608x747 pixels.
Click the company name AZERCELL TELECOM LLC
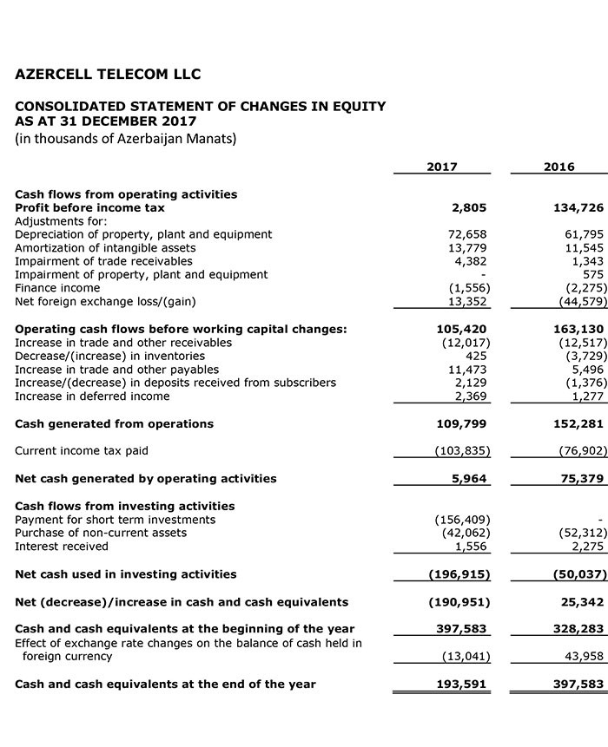(x=109, y=74)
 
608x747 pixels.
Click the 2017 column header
(x=441, y=167)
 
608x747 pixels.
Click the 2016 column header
(x=558, y=167)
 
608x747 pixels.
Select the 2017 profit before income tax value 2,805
(x=469, y=207)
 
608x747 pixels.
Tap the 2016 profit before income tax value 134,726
(x=578, y=207)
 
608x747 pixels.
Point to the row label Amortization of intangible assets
(x=105, y=247)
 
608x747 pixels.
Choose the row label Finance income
(x=57, y=287)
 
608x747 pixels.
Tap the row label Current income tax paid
(x=83, y=450)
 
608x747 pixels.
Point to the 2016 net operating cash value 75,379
(x=581, y=478)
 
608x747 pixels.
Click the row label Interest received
(x=62, y=547)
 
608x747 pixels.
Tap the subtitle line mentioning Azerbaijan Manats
(x=126, y=138)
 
